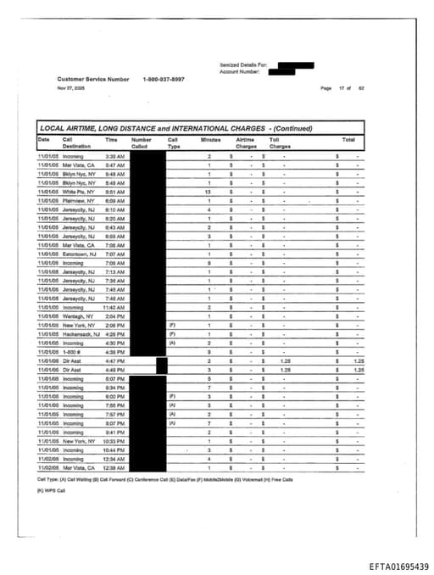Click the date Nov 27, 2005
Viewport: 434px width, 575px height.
tap(70, 87)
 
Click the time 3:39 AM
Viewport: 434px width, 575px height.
tap(114, 157)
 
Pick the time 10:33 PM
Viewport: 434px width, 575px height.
tap(115, 441)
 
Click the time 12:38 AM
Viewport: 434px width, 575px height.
tap(115, 467)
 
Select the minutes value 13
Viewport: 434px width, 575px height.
tap(208, 192)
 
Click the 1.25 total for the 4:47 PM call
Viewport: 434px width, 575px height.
tap(358, 360)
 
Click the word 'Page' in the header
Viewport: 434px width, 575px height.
tap(325, 88)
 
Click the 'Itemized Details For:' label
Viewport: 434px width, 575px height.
tap(243, 64)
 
